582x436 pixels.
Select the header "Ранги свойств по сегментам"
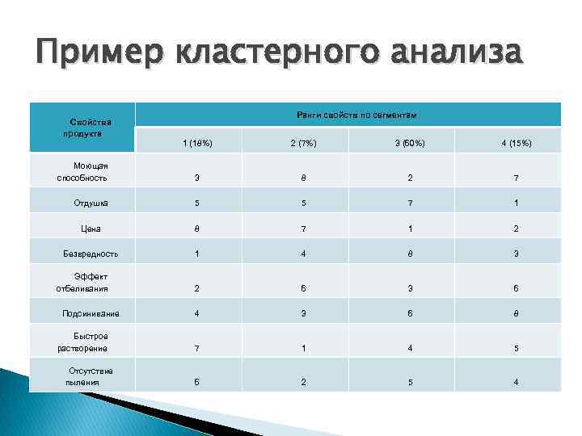(x=356, y=116)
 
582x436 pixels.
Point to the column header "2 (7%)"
(x=303, y=144)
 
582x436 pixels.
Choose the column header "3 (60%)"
(x=410, y=144)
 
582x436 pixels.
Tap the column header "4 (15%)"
(x=516, y=144)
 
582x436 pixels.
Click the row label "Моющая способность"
(x=82, y=171)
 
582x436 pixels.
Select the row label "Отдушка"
(x=91, y=203)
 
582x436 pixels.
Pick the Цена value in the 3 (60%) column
(x=410, y=228)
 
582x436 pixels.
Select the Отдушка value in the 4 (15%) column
(x=516, y=203)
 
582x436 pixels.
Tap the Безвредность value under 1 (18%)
(x=197, y=254)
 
